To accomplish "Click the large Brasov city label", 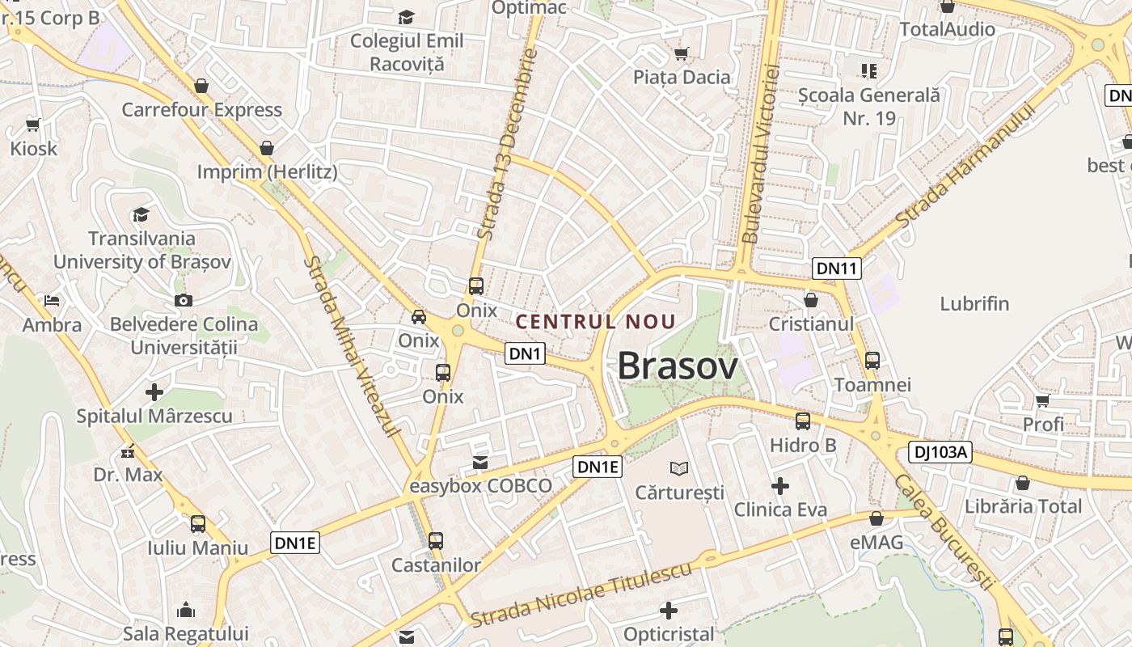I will pos(678,366).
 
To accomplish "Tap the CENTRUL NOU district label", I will pos(595,321).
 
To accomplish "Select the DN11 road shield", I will pos(837,269).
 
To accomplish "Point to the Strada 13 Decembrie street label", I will pos(507,144).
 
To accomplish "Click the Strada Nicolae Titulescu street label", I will pos(581,594).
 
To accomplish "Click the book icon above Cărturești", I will pos(679,468).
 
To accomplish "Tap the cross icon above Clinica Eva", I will pos(780,486).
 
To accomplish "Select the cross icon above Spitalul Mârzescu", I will pos(154,392).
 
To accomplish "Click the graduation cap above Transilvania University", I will pos(141,214).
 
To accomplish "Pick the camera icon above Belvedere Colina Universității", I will pos(184,301).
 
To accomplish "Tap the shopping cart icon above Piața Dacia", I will pos(682,53).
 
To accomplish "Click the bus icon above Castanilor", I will pos(436,540).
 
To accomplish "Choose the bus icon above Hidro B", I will pos(803,421).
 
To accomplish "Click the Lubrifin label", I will pos(974,304).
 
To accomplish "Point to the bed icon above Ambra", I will pos(52,301).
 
